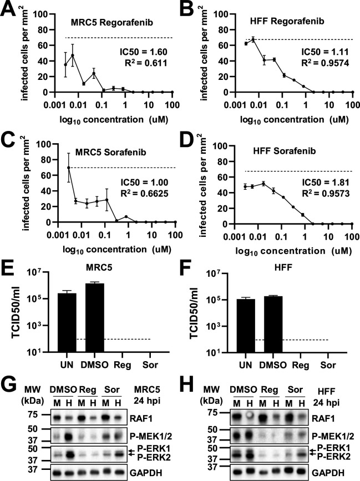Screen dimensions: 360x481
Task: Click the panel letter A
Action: pos(8,9)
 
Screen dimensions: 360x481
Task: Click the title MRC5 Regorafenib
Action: pos(112,22)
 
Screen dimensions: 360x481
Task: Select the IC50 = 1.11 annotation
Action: pos(325,52)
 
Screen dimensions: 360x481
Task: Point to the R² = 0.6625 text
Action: pos(144,193)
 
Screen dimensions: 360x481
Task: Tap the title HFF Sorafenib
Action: pos(284,151)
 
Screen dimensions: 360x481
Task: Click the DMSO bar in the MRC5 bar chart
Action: pos(95,317)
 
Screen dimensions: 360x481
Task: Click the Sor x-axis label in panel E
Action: pos(150,364)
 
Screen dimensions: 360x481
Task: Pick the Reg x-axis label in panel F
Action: pos(301,365)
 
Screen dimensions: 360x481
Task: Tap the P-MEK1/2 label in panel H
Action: pos(333,436)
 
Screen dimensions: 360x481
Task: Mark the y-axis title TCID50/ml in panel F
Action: pos(195,312)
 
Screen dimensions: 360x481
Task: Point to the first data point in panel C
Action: pos(69,168)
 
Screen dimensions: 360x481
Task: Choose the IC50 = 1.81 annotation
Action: pos(326,182)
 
